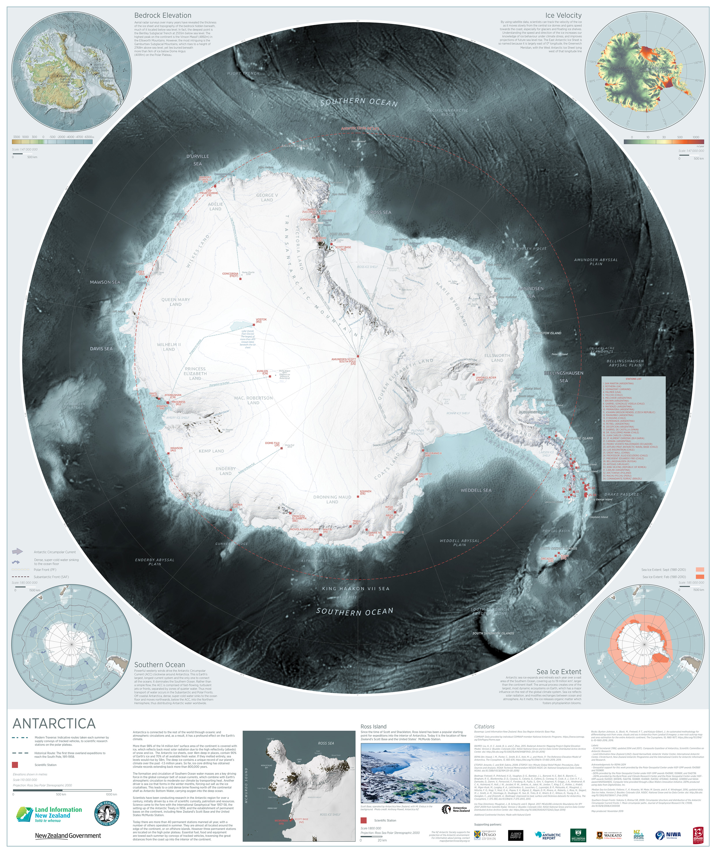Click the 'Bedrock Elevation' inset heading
(x=162, y=15)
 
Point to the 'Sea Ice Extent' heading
(x=558, y=671)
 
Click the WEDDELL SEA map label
(x=476, y=490)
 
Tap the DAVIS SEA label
(x=101, y=349)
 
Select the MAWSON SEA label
(x=105, y=282)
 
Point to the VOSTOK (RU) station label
(x=261, y=320)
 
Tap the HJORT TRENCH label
(x=243, y=74)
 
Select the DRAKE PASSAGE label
(x=621, y=494)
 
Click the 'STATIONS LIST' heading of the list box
(x=633, y=379)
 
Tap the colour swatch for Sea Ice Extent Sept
(x=699, y=569)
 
